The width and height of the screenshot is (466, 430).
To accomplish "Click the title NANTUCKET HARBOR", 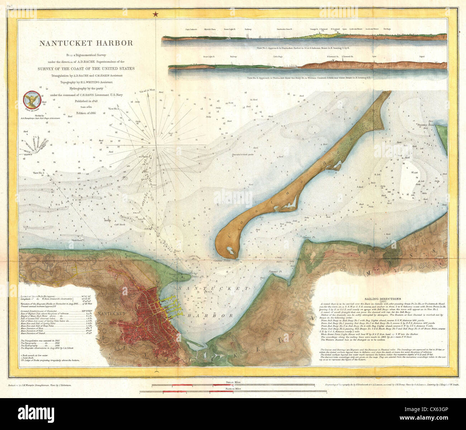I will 86,43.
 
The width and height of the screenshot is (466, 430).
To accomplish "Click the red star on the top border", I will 156,14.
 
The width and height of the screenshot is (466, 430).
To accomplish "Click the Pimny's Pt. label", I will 276,272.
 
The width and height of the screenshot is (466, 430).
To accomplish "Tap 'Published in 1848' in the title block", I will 86,101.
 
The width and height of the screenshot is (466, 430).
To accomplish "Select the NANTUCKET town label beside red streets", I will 114,314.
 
